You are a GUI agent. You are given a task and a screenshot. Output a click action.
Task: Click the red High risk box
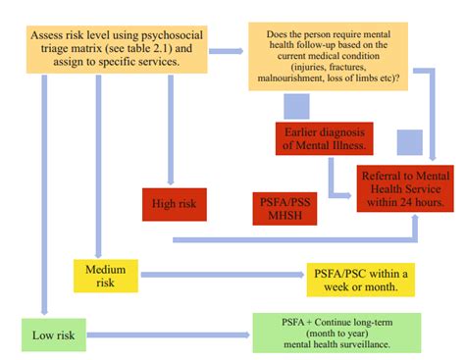pyautogui.click(x=174, y=205)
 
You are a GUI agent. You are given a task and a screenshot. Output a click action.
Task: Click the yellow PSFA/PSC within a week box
pyautogui.click(x=359, y=279)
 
